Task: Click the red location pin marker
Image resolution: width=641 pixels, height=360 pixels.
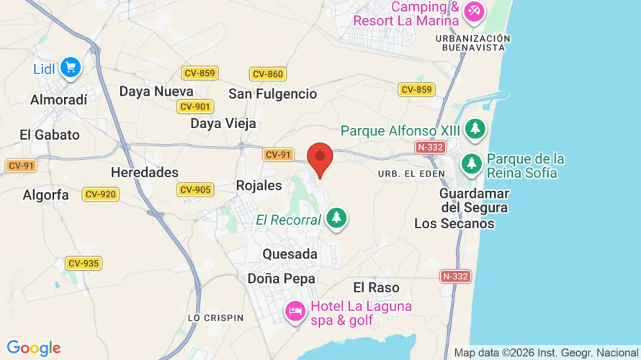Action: click(x=320, y=157)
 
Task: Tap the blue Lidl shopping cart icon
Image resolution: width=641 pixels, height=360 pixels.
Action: click(x=71, y=68)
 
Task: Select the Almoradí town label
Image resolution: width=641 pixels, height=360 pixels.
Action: click(x=58, y=100)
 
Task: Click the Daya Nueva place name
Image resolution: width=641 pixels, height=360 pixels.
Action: click(x=156, y=91)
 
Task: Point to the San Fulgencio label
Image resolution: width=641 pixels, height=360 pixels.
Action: click(x=272, y=94)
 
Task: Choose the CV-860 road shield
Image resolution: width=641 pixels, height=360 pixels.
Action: click(x=268, y=74)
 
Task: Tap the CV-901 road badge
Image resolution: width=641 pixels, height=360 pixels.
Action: click(x=194, y=107)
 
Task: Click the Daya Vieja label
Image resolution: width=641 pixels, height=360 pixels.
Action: click(x=223, y=123)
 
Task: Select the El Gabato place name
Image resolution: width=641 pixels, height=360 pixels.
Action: click(x=50, y=135)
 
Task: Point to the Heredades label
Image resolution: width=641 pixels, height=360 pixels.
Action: click(x=145, y=172)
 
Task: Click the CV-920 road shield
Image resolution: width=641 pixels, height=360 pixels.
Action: click(x=100, y=194)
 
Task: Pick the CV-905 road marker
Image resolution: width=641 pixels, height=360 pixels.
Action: click(x=194, y=189)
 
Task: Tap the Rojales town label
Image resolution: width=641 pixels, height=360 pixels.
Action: click(x=259, y=186)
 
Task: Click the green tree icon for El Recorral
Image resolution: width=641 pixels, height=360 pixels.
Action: click(x=336, y=219)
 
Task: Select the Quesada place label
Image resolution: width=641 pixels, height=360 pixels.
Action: click(x=290, y=254)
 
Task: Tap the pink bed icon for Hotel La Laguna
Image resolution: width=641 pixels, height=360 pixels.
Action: click(x=295, y=312)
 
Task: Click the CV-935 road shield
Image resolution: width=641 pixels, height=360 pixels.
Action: click(x=83, y=264)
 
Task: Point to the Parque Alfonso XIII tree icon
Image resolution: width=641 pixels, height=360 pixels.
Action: click(x=475, y=130)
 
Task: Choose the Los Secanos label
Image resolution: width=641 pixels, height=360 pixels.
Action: click(x=454, y=223)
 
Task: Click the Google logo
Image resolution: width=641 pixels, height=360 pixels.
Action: click(x=33, y=348)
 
